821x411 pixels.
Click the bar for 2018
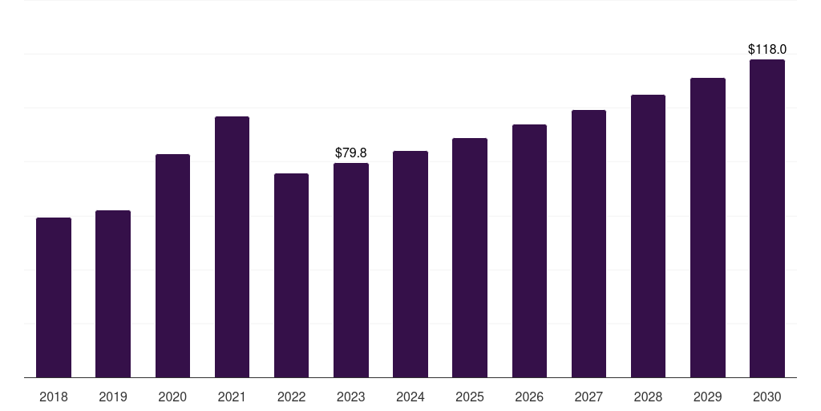[54, 297]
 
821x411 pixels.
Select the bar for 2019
[113, 294]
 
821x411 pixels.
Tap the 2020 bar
[172, 266]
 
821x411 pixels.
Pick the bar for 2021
[232, 246]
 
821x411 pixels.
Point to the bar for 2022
[291, 275]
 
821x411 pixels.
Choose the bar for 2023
[351, 270]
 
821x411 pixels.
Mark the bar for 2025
[470, 258]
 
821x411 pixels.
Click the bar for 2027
[588, 243]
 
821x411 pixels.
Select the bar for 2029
[708, 227]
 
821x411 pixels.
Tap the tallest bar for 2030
[767, 218]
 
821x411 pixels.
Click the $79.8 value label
[351, 153]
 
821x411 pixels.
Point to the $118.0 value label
[767, 50]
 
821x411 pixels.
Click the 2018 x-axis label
[54, 397]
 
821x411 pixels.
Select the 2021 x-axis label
[232, 397]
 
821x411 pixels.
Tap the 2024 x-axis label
[410, 397]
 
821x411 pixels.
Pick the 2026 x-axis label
[529, 397]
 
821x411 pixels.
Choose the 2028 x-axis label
[648, 397]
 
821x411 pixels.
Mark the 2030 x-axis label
[767, 397]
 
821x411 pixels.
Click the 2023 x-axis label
[351, 397]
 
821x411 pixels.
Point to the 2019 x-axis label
[113, 397]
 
